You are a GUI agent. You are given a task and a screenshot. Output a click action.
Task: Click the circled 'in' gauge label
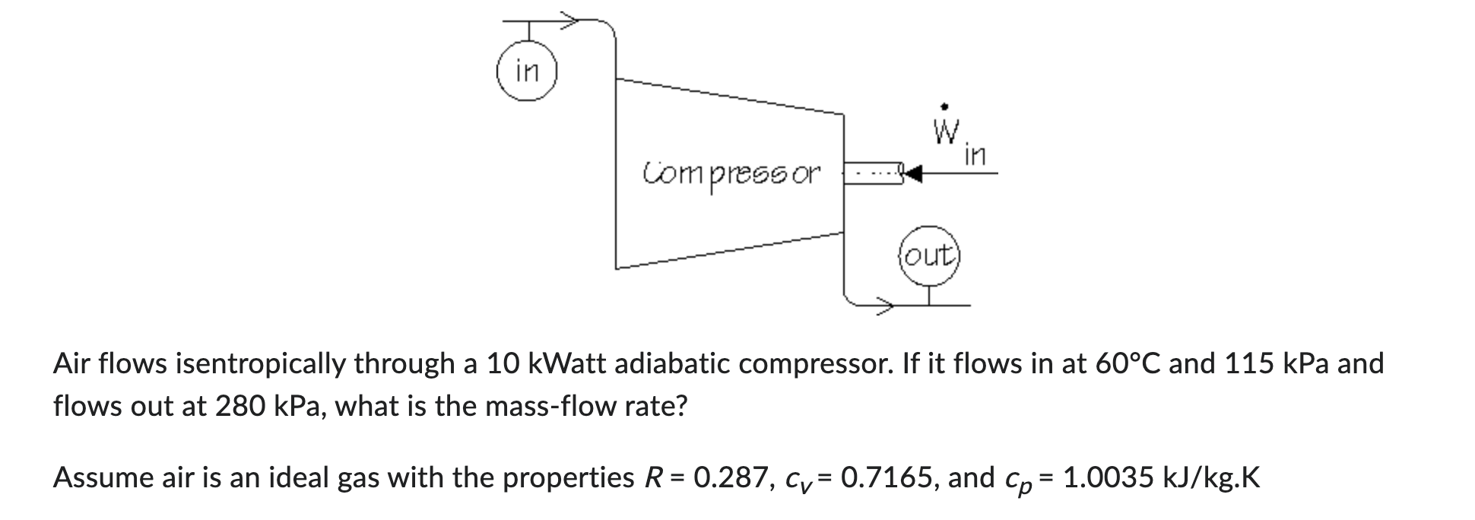(x=527, y=73)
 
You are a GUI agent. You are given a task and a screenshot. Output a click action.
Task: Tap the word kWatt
(x=566, y=364)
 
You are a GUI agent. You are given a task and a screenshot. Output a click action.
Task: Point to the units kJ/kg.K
(x=1212, y=479)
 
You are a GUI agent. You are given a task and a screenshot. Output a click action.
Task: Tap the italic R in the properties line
(x=651, y=478)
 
